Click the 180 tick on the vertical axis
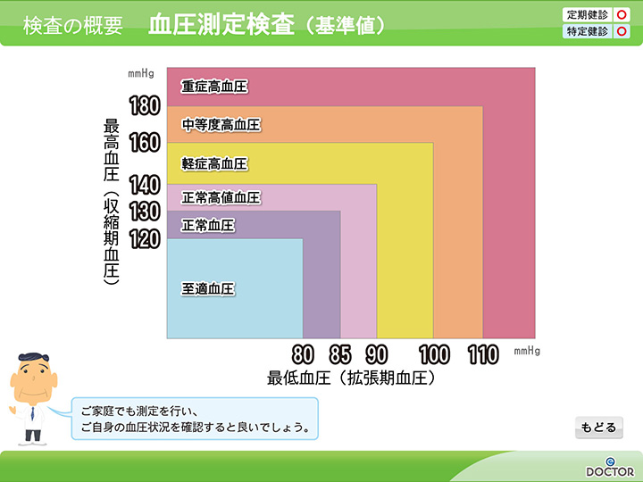[x=145, y=105]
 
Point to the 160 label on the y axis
[x=145, y=143]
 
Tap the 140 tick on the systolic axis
[x=145, y=185]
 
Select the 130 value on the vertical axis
[x=145, y=212]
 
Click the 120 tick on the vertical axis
[x=145, y=239]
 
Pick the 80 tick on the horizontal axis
[x=303, y=354]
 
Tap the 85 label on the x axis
[x=340, y=354]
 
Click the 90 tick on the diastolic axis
[x=377, y=354]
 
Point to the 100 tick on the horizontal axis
[x=434, y=354]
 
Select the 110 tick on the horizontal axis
[x=483, y=354]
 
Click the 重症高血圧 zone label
[x=214, y=87]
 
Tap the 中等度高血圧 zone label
[x=221, y=125]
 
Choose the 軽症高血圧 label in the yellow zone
[x=214, y=164]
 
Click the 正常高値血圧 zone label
[x=221, y=197]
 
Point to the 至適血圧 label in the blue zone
[x=208, y=288]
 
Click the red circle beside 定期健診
[x=622, y=15]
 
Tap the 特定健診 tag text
[x=588, y=31]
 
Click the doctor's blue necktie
[x=32, y=413]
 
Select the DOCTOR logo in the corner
[x=610, y=468]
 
